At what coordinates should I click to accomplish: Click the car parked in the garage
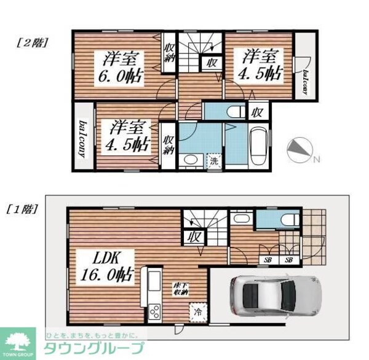[274, 294]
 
